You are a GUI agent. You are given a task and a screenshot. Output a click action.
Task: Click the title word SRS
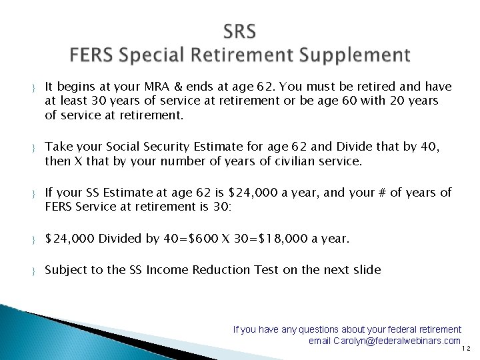pyautogui.click(x=240, y=31)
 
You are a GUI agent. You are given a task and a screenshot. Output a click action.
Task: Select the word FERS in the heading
pyautogui.click(x=95, y=54)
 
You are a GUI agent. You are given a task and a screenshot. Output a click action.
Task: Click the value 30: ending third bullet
pyautogui.click(x=221, y=207)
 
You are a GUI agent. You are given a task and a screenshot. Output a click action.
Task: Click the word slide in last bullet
pyautogui.click(x=367, y=270)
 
